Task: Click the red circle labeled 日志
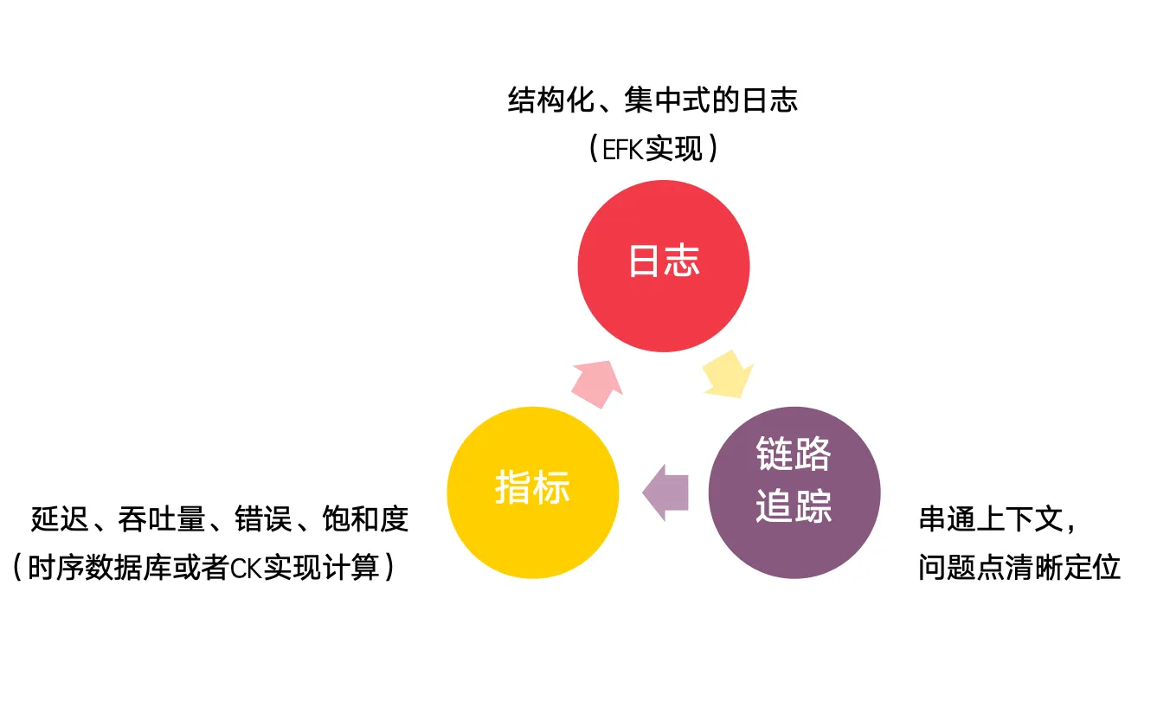(664, 266)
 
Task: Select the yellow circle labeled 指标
(533, 492)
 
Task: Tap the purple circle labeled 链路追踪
(794, 492)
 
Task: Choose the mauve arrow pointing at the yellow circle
(665, 492)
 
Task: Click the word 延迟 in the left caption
(60, 519)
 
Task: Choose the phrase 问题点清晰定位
(1019, 568)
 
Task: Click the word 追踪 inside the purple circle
(794, 506)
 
